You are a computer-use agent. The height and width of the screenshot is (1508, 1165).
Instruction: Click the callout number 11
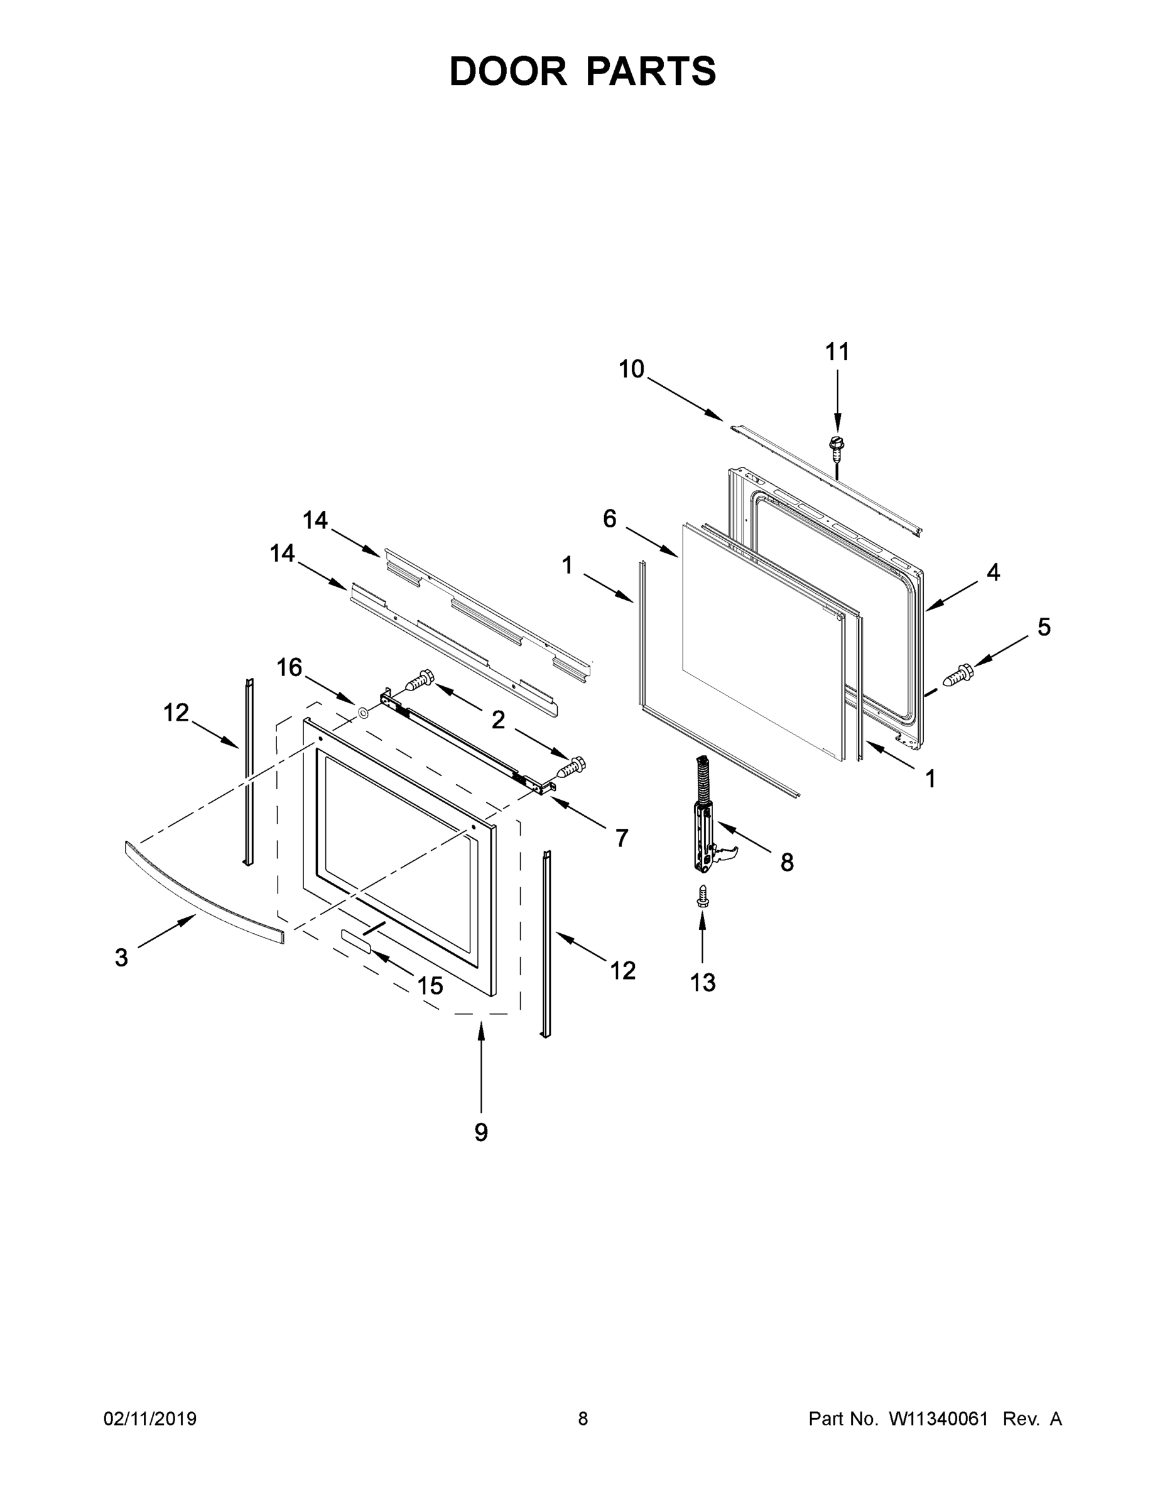click(837, 352)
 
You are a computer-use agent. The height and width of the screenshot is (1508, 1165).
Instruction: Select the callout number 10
click(631, 369)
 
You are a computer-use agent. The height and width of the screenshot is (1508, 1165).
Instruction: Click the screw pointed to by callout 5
click(958, 675)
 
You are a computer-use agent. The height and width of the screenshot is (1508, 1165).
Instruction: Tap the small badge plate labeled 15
click(355, 941)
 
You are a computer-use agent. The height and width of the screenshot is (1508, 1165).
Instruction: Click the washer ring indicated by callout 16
click(363, 711)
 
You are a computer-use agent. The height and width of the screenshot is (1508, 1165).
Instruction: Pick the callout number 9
click(481, 1132)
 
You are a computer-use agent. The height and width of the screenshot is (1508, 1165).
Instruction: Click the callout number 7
click(621, 838)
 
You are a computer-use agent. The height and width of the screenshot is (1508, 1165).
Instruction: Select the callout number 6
click(609, 518)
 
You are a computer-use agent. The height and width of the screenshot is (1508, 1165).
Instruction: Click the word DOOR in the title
click(508, 71)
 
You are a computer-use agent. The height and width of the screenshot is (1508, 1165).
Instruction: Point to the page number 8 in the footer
click(583, 1419)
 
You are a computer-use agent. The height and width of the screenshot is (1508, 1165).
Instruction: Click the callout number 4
click(992, 572)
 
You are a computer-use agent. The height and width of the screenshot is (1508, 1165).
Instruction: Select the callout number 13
click(703, 983)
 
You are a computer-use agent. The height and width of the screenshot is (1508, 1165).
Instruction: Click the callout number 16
click(289, 667)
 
